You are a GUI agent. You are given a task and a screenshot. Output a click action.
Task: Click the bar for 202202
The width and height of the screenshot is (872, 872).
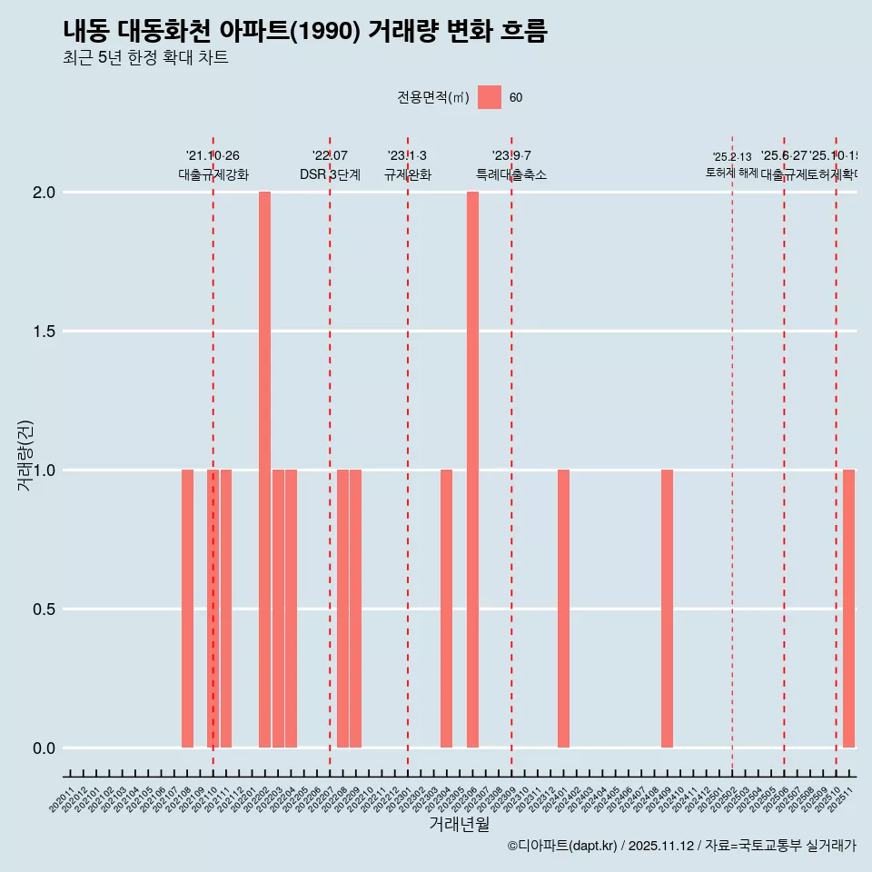click(x=264, y=470)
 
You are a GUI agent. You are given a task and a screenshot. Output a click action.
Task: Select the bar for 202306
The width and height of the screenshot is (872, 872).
click(x=472, y=470)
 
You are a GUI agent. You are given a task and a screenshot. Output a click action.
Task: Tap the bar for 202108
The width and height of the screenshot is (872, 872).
click(x=187, y=609)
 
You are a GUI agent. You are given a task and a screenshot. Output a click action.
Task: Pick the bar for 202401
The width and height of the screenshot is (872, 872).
click(x=563, y=609)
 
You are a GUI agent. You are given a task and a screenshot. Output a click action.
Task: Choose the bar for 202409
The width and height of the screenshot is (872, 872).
click(x=667, y=609)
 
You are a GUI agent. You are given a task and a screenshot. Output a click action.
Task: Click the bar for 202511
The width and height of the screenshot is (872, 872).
click(x=848, y=609)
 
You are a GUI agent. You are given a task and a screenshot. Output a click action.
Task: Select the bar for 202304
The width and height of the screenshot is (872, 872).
click(x=446, y=609)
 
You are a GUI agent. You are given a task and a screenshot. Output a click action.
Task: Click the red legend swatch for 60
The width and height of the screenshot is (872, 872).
click(x=490, y=97)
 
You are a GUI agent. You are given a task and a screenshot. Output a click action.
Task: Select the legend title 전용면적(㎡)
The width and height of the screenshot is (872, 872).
click(x=433, y=98)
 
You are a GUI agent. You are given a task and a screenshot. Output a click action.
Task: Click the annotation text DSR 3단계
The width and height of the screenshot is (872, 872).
click(x=330, y=175)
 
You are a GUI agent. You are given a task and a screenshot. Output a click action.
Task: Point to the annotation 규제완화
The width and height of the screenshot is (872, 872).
click(x=407, y=175)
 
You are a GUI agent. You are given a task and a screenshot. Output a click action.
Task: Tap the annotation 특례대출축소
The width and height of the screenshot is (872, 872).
click(x=511, y=175)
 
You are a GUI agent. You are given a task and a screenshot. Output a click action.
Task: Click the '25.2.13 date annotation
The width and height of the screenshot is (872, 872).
click(x=732, y=157)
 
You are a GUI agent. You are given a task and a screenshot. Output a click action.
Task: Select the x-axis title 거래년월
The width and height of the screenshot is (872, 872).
click(x=459, y=825)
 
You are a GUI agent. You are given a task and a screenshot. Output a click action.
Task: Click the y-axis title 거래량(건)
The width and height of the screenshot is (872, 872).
click(x=25, y=455)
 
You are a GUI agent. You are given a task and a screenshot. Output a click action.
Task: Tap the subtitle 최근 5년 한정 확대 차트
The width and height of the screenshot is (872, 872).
click(x=145, y=58)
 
